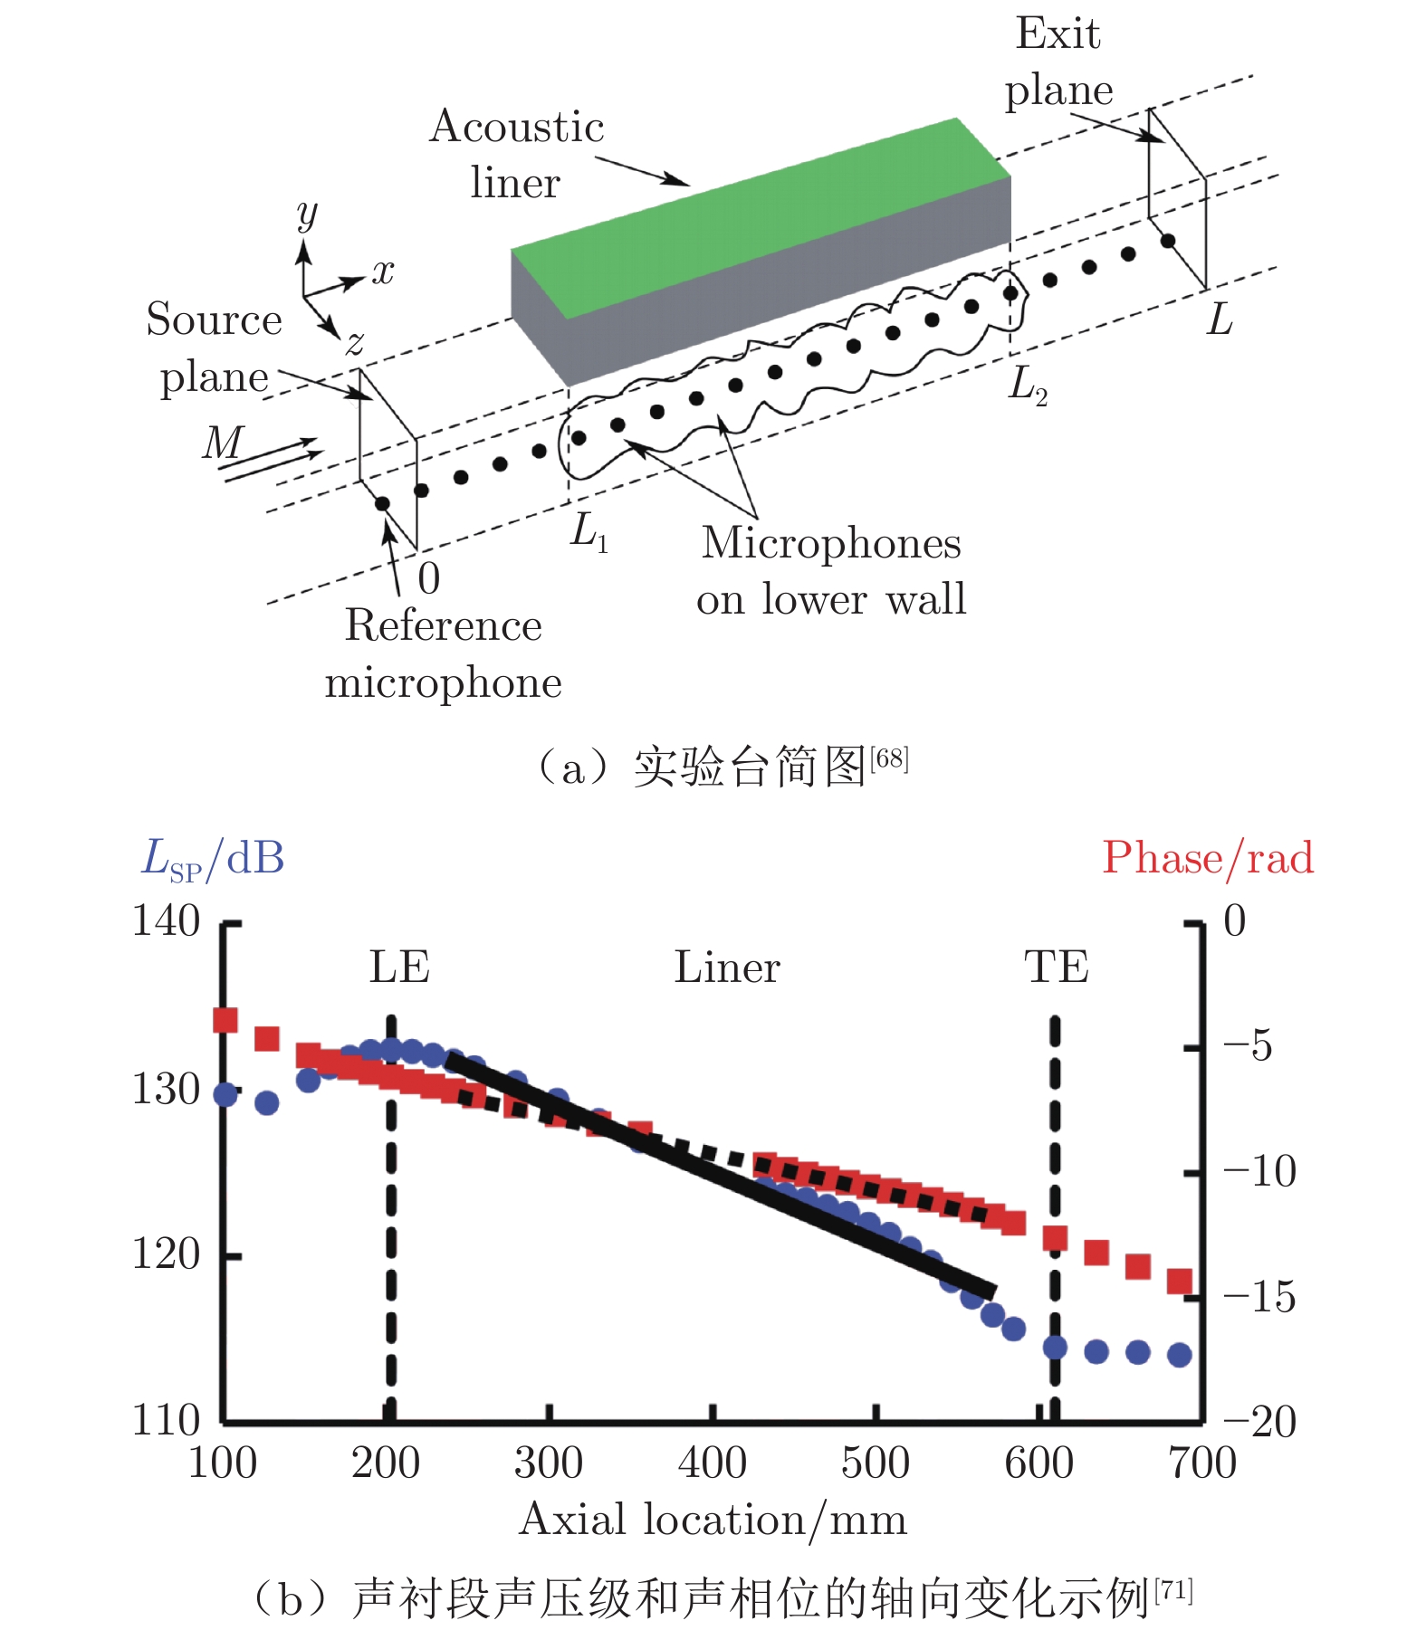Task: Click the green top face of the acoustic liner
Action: [761, 217]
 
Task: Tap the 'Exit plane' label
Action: [1058, 62]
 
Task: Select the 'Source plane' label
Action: [215, 348]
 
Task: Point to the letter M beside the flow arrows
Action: [224, 443]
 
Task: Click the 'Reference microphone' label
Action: [444, 653]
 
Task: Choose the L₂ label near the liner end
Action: [1029, 385]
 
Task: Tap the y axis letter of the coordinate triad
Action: [307, 215]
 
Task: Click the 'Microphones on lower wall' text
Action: [831, 571]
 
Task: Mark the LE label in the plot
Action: [399, 967]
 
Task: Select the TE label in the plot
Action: [1057, 967]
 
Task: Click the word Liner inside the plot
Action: [727, 967]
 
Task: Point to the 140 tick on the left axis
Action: [167, 921]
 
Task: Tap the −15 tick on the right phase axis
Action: [1259, 1297]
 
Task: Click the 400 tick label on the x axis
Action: [713, 1463]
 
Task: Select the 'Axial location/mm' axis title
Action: [713, 1520]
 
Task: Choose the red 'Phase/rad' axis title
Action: [1208, 858]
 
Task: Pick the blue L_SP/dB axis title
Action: [213, 858]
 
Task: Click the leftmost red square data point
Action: [225, 1020]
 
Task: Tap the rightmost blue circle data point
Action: [1179, 1355]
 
